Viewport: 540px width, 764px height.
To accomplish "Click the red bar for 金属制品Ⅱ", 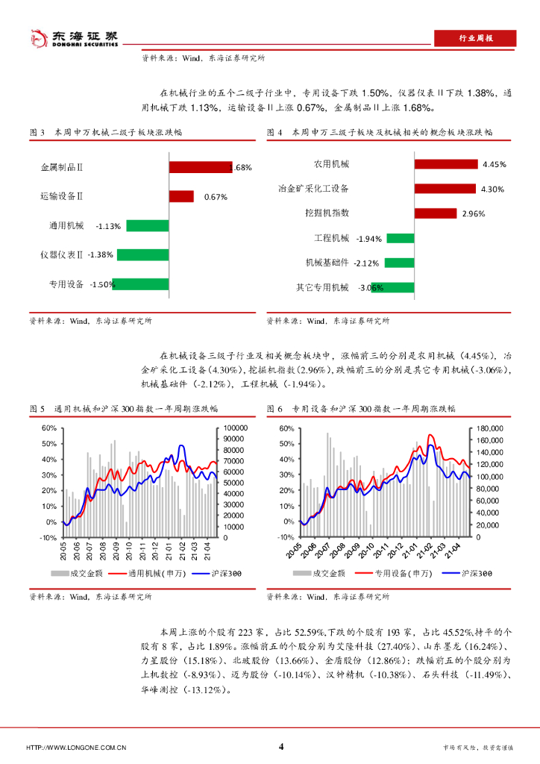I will coord(201,167).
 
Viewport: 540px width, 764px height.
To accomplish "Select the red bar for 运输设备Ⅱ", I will coord(181,196).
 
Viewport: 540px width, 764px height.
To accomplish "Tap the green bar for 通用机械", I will coord(148,225).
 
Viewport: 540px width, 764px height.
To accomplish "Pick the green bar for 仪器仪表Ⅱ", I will coord(142,254).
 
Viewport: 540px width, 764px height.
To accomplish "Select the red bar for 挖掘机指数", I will coord(435,213).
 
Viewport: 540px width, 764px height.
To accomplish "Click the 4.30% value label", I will coord(494,189).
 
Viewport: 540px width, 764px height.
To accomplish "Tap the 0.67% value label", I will coord(216,197).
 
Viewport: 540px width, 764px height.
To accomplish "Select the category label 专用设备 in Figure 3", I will coord(66,284).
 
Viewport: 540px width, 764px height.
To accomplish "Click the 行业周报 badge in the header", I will coord(474,39).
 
